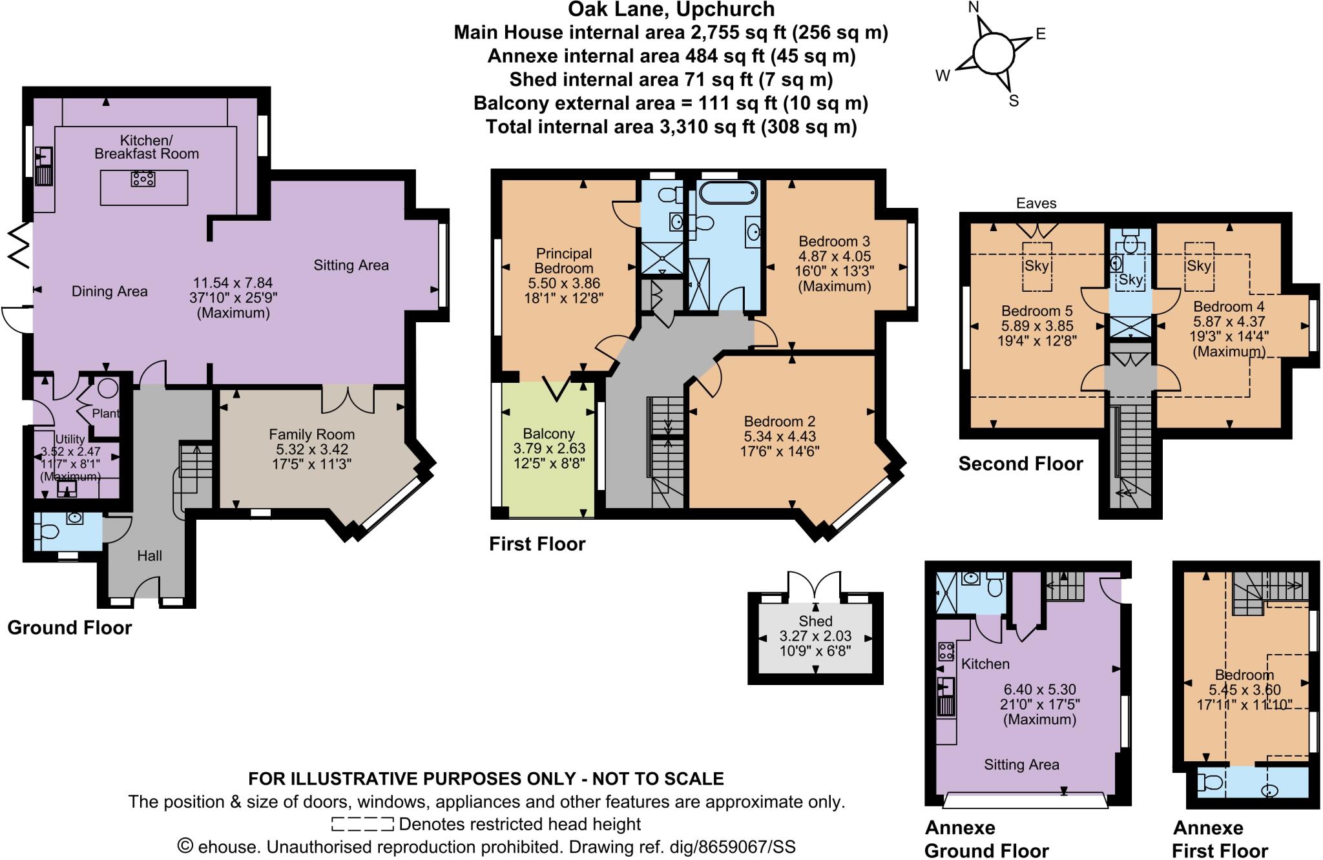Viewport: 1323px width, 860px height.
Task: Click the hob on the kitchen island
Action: (x=143, y=178)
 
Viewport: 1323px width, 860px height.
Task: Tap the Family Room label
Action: (x=311, y=435)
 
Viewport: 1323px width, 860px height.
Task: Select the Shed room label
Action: (x=815, y=621)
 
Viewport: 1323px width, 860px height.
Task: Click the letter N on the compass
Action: (x=974, y=8)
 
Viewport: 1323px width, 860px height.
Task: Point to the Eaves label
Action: (x=1036, y=203)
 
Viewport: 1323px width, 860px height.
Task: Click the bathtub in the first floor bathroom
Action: (x=728, y=192)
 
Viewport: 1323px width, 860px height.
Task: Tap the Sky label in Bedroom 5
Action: (x=1037, y=266)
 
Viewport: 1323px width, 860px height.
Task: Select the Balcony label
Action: (x=548, y=434)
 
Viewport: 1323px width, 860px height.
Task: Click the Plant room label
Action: (x=105, y=413)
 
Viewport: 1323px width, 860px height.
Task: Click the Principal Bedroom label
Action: (x=563, y=261)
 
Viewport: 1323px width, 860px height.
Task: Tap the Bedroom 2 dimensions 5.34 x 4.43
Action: (x=780, y=436)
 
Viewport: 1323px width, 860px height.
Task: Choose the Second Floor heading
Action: (x=1020, y=464)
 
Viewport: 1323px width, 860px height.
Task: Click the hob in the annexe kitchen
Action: (x=946, y=651)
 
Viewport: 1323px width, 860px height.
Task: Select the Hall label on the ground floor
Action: (x=149, y=556)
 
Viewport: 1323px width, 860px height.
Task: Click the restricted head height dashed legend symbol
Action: (x=362, y=824)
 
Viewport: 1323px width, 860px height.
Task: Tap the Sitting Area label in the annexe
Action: (x=1021, y=765)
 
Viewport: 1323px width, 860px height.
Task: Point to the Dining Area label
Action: (x=109, y=291)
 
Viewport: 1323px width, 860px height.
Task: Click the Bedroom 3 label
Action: (x=834, y=241)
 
